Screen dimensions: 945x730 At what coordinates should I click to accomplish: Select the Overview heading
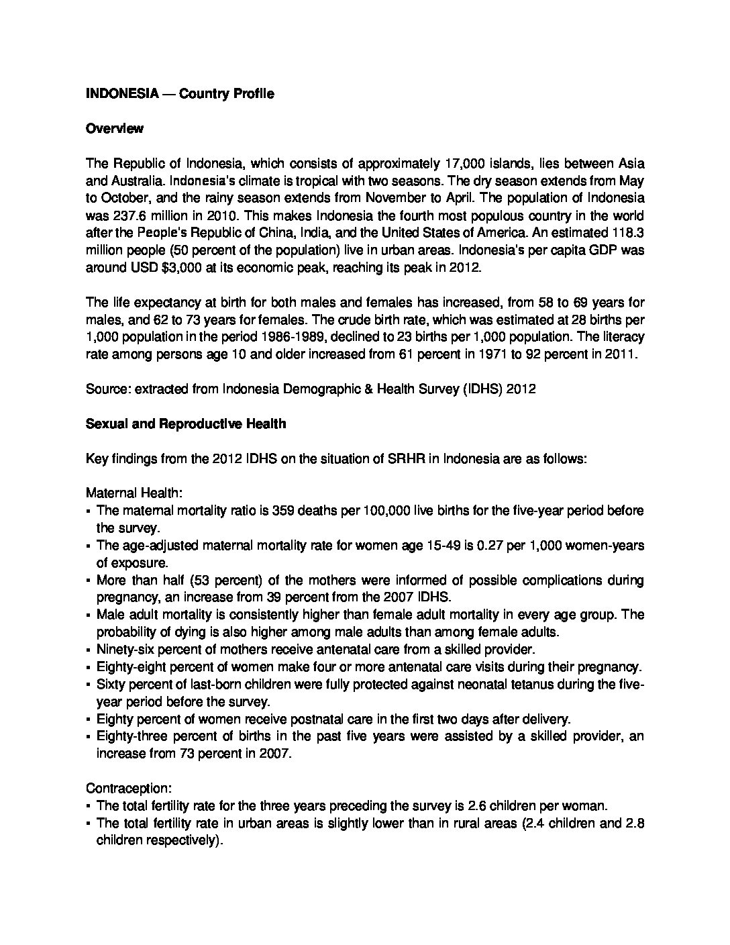coord(115,129)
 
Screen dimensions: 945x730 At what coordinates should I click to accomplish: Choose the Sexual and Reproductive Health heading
coord(186,424)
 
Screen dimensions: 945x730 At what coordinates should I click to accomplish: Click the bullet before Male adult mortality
coord(89,615)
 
